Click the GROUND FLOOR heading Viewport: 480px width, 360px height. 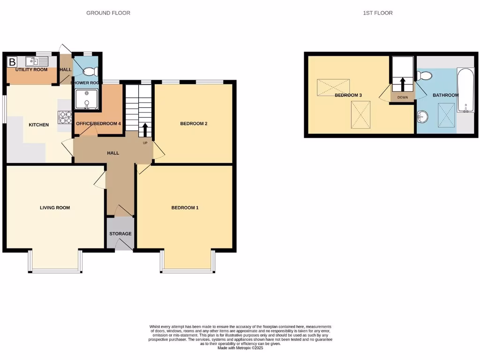108,13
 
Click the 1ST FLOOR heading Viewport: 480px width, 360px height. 377,13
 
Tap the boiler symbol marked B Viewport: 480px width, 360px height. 13,61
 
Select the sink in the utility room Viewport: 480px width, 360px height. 37,61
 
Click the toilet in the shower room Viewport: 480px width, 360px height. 89,71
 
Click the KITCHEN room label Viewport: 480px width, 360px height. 39,125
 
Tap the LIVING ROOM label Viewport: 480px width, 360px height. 55,207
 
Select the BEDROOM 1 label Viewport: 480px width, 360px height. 185,207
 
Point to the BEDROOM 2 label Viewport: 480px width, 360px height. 194,124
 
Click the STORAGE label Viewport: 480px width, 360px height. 120,233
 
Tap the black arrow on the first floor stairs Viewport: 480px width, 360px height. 402,85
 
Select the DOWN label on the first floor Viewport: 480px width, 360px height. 403,97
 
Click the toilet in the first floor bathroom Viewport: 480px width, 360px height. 424,75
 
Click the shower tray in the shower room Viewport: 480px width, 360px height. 86,99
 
